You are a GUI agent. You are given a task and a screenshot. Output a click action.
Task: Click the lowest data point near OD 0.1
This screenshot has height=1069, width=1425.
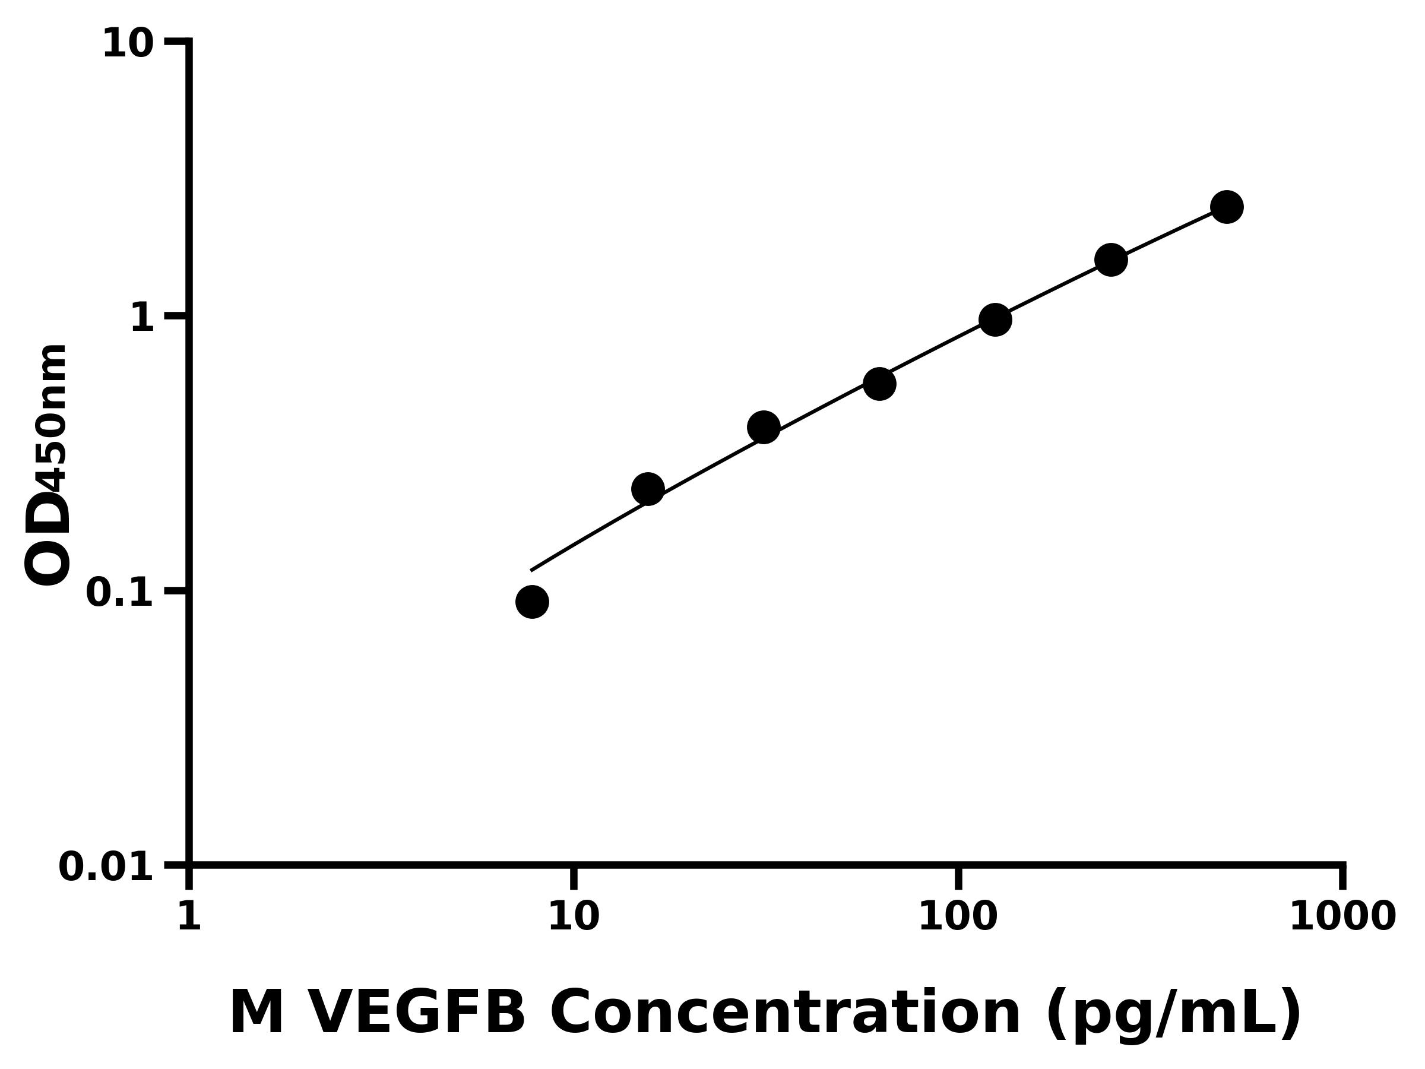532,602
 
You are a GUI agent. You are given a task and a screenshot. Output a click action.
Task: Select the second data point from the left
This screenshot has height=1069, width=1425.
648,489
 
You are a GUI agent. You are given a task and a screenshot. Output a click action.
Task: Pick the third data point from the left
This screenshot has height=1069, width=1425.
764,427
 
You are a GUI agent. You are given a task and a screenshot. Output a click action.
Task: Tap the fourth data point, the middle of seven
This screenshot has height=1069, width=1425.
879,384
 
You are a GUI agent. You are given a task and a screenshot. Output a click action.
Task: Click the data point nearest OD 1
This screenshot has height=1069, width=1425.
995,320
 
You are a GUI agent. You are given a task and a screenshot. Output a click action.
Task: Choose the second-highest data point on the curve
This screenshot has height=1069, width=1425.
1111,260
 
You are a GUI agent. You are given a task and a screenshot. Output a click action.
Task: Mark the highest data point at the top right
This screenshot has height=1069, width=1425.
1227,207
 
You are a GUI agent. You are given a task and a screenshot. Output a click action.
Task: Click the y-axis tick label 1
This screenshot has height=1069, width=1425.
142,318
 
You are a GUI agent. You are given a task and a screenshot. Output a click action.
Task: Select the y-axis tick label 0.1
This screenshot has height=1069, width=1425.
120,592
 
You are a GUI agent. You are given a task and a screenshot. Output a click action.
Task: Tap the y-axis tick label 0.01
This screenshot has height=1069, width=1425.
106,866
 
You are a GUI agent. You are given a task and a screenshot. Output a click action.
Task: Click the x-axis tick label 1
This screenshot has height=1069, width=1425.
189,916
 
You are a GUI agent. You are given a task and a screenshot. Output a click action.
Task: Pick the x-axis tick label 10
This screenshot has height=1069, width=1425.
574,916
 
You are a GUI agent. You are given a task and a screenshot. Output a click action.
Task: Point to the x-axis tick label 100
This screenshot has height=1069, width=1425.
957,916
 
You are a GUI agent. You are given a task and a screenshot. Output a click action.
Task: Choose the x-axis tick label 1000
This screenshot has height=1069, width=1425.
1342,916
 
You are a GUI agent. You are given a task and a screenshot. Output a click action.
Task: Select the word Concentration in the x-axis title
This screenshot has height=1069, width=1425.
785,1013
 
